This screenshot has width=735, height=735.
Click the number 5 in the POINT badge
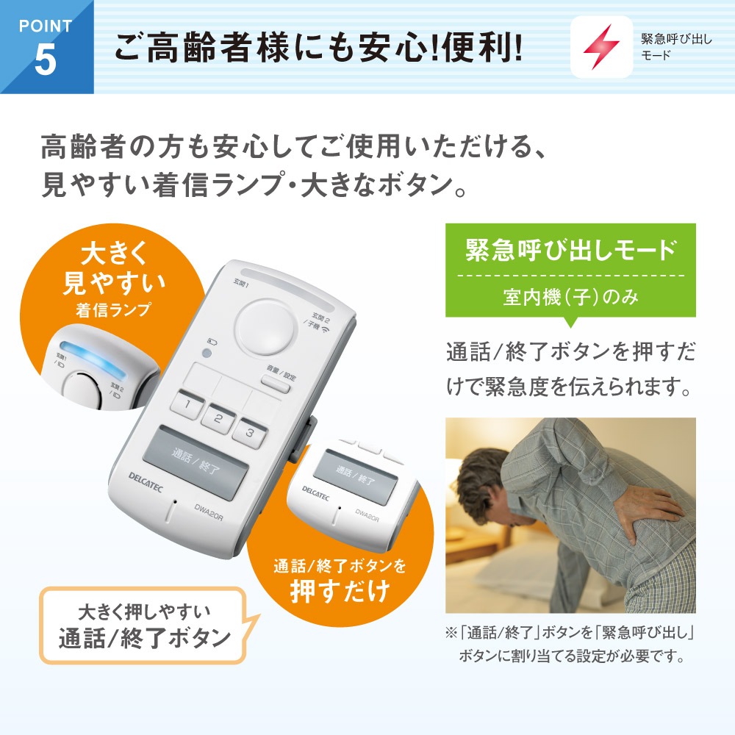(45, 62)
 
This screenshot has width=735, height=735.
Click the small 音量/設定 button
(276, 378)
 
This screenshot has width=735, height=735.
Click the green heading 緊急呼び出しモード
(570, 251)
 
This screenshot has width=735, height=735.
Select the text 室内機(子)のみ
(570, 298)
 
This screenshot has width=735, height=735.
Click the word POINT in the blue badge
(45, 26)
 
